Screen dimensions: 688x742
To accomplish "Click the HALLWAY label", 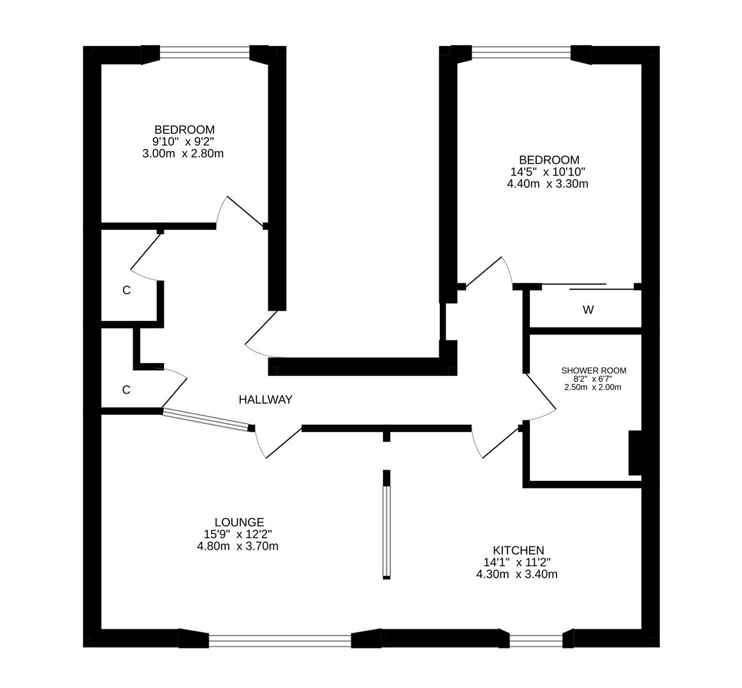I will coord(265,400).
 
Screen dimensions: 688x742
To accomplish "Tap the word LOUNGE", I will coord(239,522).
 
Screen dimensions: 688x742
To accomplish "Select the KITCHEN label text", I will coord(518,550).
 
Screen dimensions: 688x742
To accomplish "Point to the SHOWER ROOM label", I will coord(593,371).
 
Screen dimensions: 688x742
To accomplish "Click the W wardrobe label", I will coord(588,310).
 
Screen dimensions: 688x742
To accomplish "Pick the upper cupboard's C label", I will coord(126,290).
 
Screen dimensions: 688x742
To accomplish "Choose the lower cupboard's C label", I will coord(126,390).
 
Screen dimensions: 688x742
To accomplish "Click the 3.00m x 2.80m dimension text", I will coord(183,154).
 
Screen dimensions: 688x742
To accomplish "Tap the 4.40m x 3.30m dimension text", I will coord(547,184).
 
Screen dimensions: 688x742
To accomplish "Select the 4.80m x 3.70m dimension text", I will coord(238,546).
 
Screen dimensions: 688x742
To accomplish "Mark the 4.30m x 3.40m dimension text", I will coord(517,575).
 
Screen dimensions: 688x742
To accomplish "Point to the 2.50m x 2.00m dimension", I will coord(593,387).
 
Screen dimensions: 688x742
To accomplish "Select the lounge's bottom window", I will coord(280,639).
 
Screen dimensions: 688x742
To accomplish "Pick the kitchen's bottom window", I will coord(536,639).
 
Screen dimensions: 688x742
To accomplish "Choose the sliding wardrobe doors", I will coord(586,286).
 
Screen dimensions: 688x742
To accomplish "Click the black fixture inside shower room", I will coord(635,453).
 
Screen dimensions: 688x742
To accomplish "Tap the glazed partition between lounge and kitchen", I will coord(386,532).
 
